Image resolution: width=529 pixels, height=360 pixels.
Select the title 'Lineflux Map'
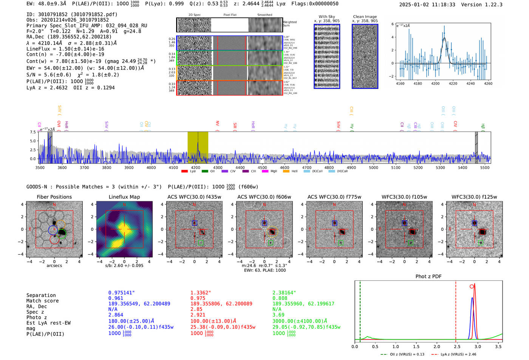(x=124, y=197)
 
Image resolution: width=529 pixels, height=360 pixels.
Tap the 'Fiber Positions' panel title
(x=54, y=197)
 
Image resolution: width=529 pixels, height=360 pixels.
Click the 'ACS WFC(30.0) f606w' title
(x=264, y=197)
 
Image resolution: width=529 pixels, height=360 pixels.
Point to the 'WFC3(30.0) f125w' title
(x=474, y=197)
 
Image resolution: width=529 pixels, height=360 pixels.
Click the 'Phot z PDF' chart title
(x=428, y=277)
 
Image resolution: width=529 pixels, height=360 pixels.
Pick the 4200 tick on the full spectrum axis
(x=195, y=168)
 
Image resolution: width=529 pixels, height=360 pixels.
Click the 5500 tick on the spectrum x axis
(x=485, y=168)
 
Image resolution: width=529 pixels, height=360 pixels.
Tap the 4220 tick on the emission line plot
(x=453, y=83)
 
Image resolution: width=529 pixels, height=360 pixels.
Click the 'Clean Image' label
(x=365, y=17)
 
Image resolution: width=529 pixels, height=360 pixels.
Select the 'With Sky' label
(x=327, y=17)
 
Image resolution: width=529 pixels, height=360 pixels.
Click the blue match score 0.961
(x=116, y=298)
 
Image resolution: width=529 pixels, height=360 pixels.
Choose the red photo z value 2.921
(x=198, y=315)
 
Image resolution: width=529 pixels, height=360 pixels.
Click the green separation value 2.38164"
(x=284, y=293)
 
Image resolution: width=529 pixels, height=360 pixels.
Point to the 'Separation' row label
(x=41, y=295)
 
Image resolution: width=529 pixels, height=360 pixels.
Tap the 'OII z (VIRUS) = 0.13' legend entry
(x=405, y=354)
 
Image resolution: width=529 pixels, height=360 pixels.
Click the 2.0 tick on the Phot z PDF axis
(x=437, y=346)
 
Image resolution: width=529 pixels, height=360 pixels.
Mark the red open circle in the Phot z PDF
(x=472, y=286)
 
